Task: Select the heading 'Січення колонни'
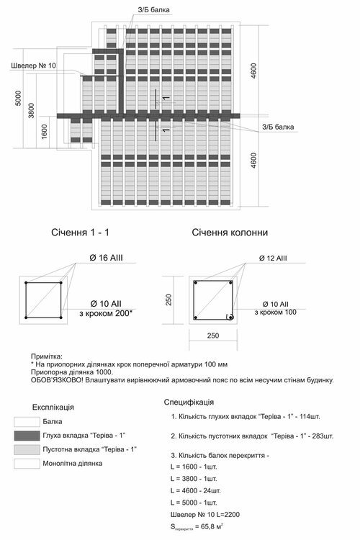[230, 233]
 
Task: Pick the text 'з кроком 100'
[276, 312]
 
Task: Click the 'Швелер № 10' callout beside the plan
[34, 66]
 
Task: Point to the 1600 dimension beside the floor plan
[44, 132]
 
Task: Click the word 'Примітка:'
[48, 356]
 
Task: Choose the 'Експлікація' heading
[53, 406]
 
